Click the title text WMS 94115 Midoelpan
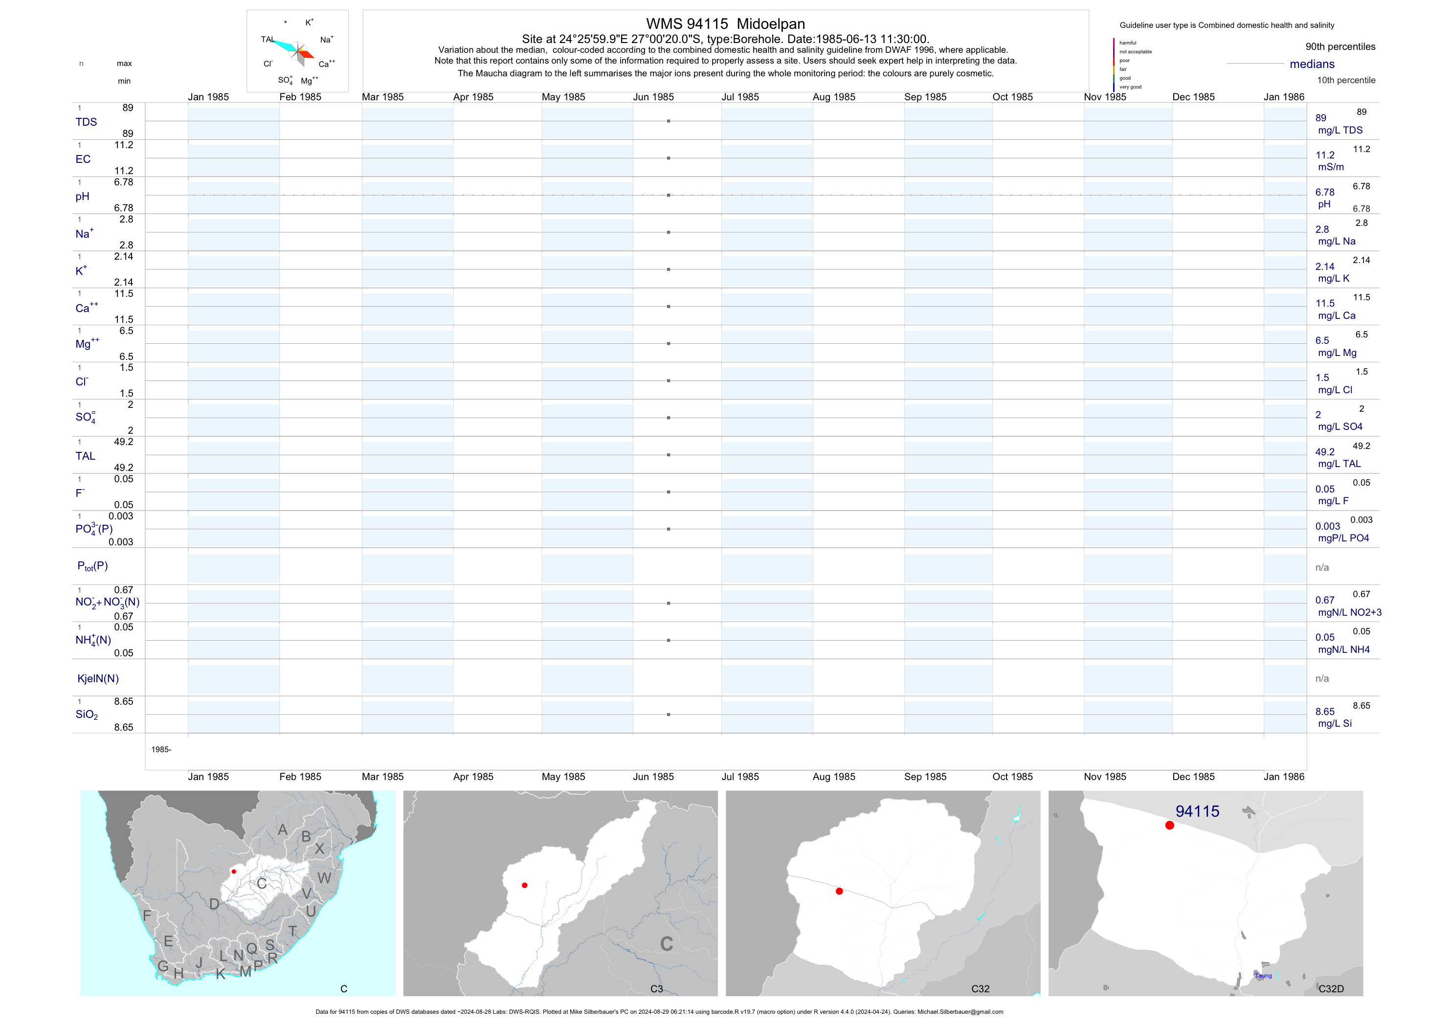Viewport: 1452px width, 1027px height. pyautogui.click(x=725, y=24)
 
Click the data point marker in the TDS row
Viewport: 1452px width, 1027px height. pyautogui.click(x=669, y=121)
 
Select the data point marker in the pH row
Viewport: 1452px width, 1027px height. pyautogui.click(x=669, y=196)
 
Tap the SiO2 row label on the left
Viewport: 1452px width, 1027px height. pyautogui.click(x=87, y=714)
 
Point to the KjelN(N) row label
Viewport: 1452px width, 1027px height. pyautogui.click(x=98, y=679)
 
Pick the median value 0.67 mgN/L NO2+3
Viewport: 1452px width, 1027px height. pyautogui.click(x=1348, y=606)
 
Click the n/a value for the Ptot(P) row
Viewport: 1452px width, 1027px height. pyautogui.click(x=1322, y=568)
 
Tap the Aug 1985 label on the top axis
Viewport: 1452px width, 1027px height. pyautogui.click(x=833, y=97)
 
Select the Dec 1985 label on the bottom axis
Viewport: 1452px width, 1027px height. pyautogui.click(x=1193, y=777)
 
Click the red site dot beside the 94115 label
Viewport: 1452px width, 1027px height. pyautogui.click(x=1169, y=826)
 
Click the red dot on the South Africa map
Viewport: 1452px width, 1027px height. pyautogui.click(x=234, y=871)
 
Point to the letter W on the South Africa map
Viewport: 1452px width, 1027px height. pyautogui.click(x=324, y=878)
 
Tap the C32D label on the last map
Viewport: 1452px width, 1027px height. pyautogui.click(x=1331, y=989)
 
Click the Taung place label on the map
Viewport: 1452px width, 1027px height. pyautogui.click(x=1263, y=976)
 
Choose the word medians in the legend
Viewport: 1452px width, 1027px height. pyautogui.click(x=1312, y=64)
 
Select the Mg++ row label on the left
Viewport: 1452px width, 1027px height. pyautogui.click(x=87, y=344)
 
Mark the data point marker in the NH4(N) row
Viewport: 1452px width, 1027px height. pyautogui.click(x=669, y=641)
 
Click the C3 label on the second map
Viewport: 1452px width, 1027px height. pyautogui.click(x=656, y=989)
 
